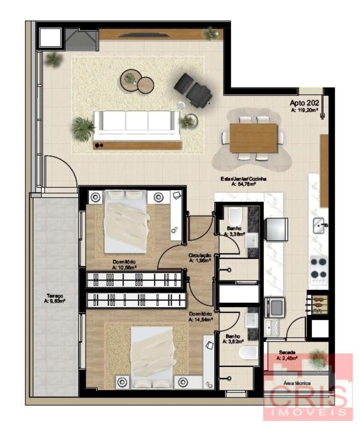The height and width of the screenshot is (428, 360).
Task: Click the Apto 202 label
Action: click(x=304, y=103)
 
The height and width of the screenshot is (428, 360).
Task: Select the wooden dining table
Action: click(x=253, y=138)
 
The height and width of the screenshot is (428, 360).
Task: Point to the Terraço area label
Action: click(x=54, y=298)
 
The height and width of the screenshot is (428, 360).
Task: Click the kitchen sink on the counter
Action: click(x=319, y=226)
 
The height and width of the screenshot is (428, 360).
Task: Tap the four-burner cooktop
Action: click(x=319, y=267)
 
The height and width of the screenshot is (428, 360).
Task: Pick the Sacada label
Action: click(x=287, y=352)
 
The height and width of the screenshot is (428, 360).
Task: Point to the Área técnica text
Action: click(x=297, y=383)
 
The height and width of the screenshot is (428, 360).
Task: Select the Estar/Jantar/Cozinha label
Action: click(x=243, y=181)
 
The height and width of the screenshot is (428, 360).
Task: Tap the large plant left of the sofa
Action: click(x=83, y=127)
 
